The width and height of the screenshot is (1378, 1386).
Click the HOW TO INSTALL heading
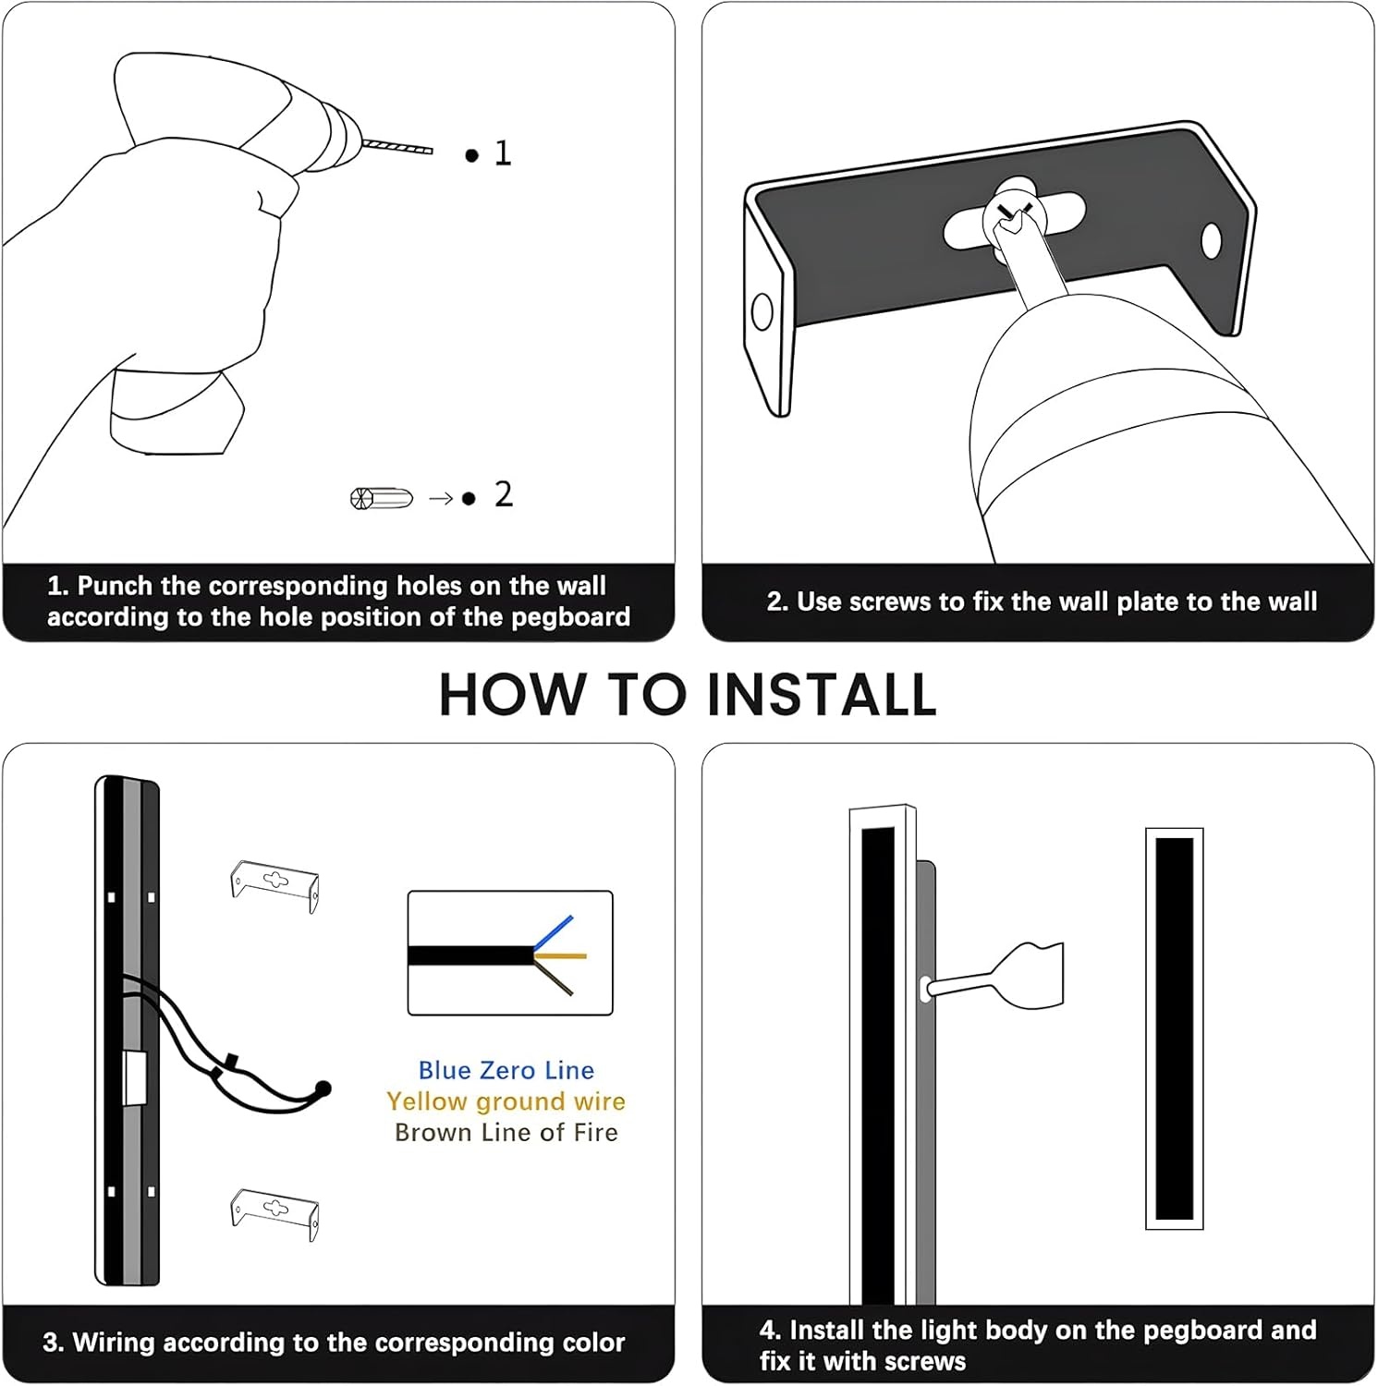pos(688,695)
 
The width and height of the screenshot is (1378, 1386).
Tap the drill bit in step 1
pos(397,146)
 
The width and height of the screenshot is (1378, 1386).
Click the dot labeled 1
pos(472,155)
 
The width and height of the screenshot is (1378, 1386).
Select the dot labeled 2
pos(469,499)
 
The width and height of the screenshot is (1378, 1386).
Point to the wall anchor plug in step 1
pos(381,498)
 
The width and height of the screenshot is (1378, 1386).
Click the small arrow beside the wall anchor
pos(441,499)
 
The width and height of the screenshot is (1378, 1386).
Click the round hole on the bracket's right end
pos(1211,242)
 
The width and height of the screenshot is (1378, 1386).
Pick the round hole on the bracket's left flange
pos(762,312)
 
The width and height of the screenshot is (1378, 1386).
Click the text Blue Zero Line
pos(506,1070)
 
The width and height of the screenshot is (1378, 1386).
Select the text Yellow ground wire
pos(506,1101)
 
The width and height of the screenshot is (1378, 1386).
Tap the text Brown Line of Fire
pos(506,1133)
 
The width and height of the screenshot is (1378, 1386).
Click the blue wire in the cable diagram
pos(554,932)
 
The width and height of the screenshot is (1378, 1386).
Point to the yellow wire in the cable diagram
pos(561,955)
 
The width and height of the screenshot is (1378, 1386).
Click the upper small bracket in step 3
pos(274,885)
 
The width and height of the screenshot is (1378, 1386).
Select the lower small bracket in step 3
pos(274,1213)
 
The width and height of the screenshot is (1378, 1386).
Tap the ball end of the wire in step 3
pos(323,1088)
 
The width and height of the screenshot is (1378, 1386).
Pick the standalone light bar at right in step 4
pos(1175,1028)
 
